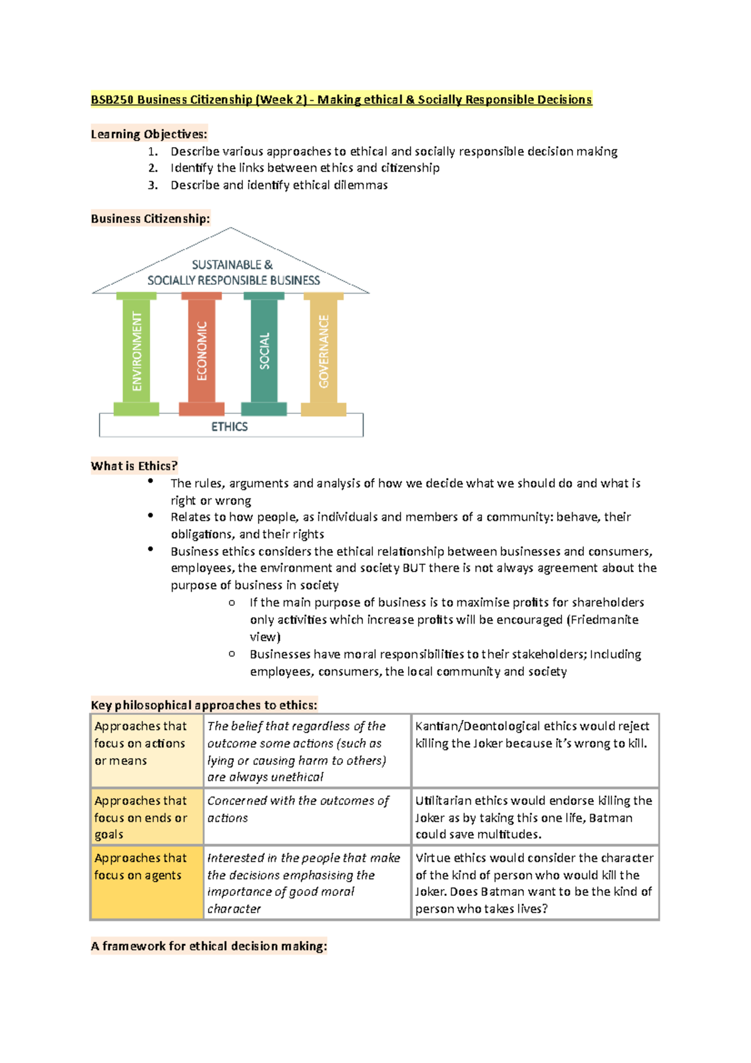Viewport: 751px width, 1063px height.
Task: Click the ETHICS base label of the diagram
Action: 229,426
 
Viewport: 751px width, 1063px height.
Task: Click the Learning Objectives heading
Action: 148,134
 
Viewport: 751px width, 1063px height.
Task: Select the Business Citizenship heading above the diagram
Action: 150,218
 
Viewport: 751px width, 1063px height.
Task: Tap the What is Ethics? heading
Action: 134,466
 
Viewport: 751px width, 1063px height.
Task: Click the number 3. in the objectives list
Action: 153,185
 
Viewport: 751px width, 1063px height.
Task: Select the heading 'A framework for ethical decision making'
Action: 208,946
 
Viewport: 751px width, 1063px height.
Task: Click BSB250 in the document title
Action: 112,100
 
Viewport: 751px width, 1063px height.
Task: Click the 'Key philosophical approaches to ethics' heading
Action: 203,705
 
